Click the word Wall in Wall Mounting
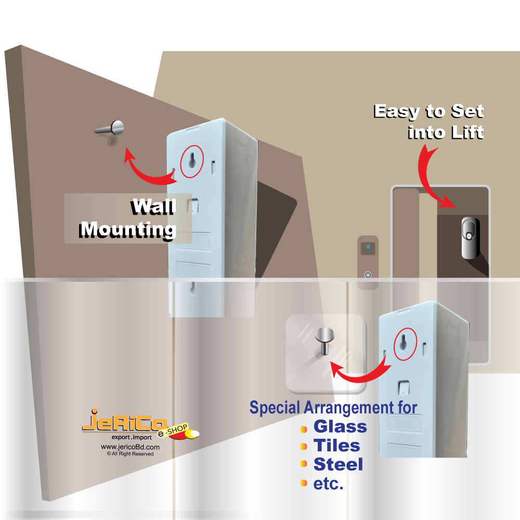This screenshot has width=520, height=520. tap(152, 207)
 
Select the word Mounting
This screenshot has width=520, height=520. tap(128, 229)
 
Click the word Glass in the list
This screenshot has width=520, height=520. tap(340, 427)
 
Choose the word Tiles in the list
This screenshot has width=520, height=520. tap(336, 446)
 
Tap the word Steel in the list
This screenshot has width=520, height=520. tap(338, 464)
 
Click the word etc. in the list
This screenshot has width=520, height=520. tap(328, 484)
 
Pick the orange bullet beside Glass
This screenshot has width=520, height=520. tap(304, 428)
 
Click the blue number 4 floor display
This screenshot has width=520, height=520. tap(368, 247)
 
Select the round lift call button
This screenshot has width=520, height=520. tap(368, 275)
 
